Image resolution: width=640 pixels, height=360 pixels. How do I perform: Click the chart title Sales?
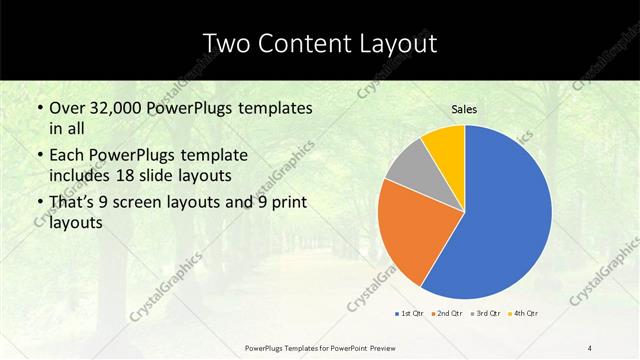pyautogui.click(x=464, y=109)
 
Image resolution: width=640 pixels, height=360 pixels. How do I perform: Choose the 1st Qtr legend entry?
pyautogui.click(x=409, y=314)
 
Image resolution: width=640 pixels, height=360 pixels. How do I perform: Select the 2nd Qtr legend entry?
pyautogui.click(x=445, y=314)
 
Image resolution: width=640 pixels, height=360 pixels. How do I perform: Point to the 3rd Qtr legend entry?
pyautogui.click(x=485, y=314)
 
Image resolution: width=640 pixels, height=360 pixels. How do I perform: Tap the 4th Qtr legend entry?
pyautogui.click(x=523, y=314)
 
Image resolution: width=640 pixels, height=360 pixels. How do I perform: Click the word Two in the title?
pyautogui.click(x=228, y=43)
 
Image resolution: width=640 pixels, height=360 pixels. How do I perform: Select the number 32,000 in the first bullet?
pyautogui.click(x=121, y=108)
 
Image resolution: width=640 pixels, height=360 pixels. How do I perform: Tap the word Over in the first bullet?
pyautogui.click(x=67, y=108)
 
